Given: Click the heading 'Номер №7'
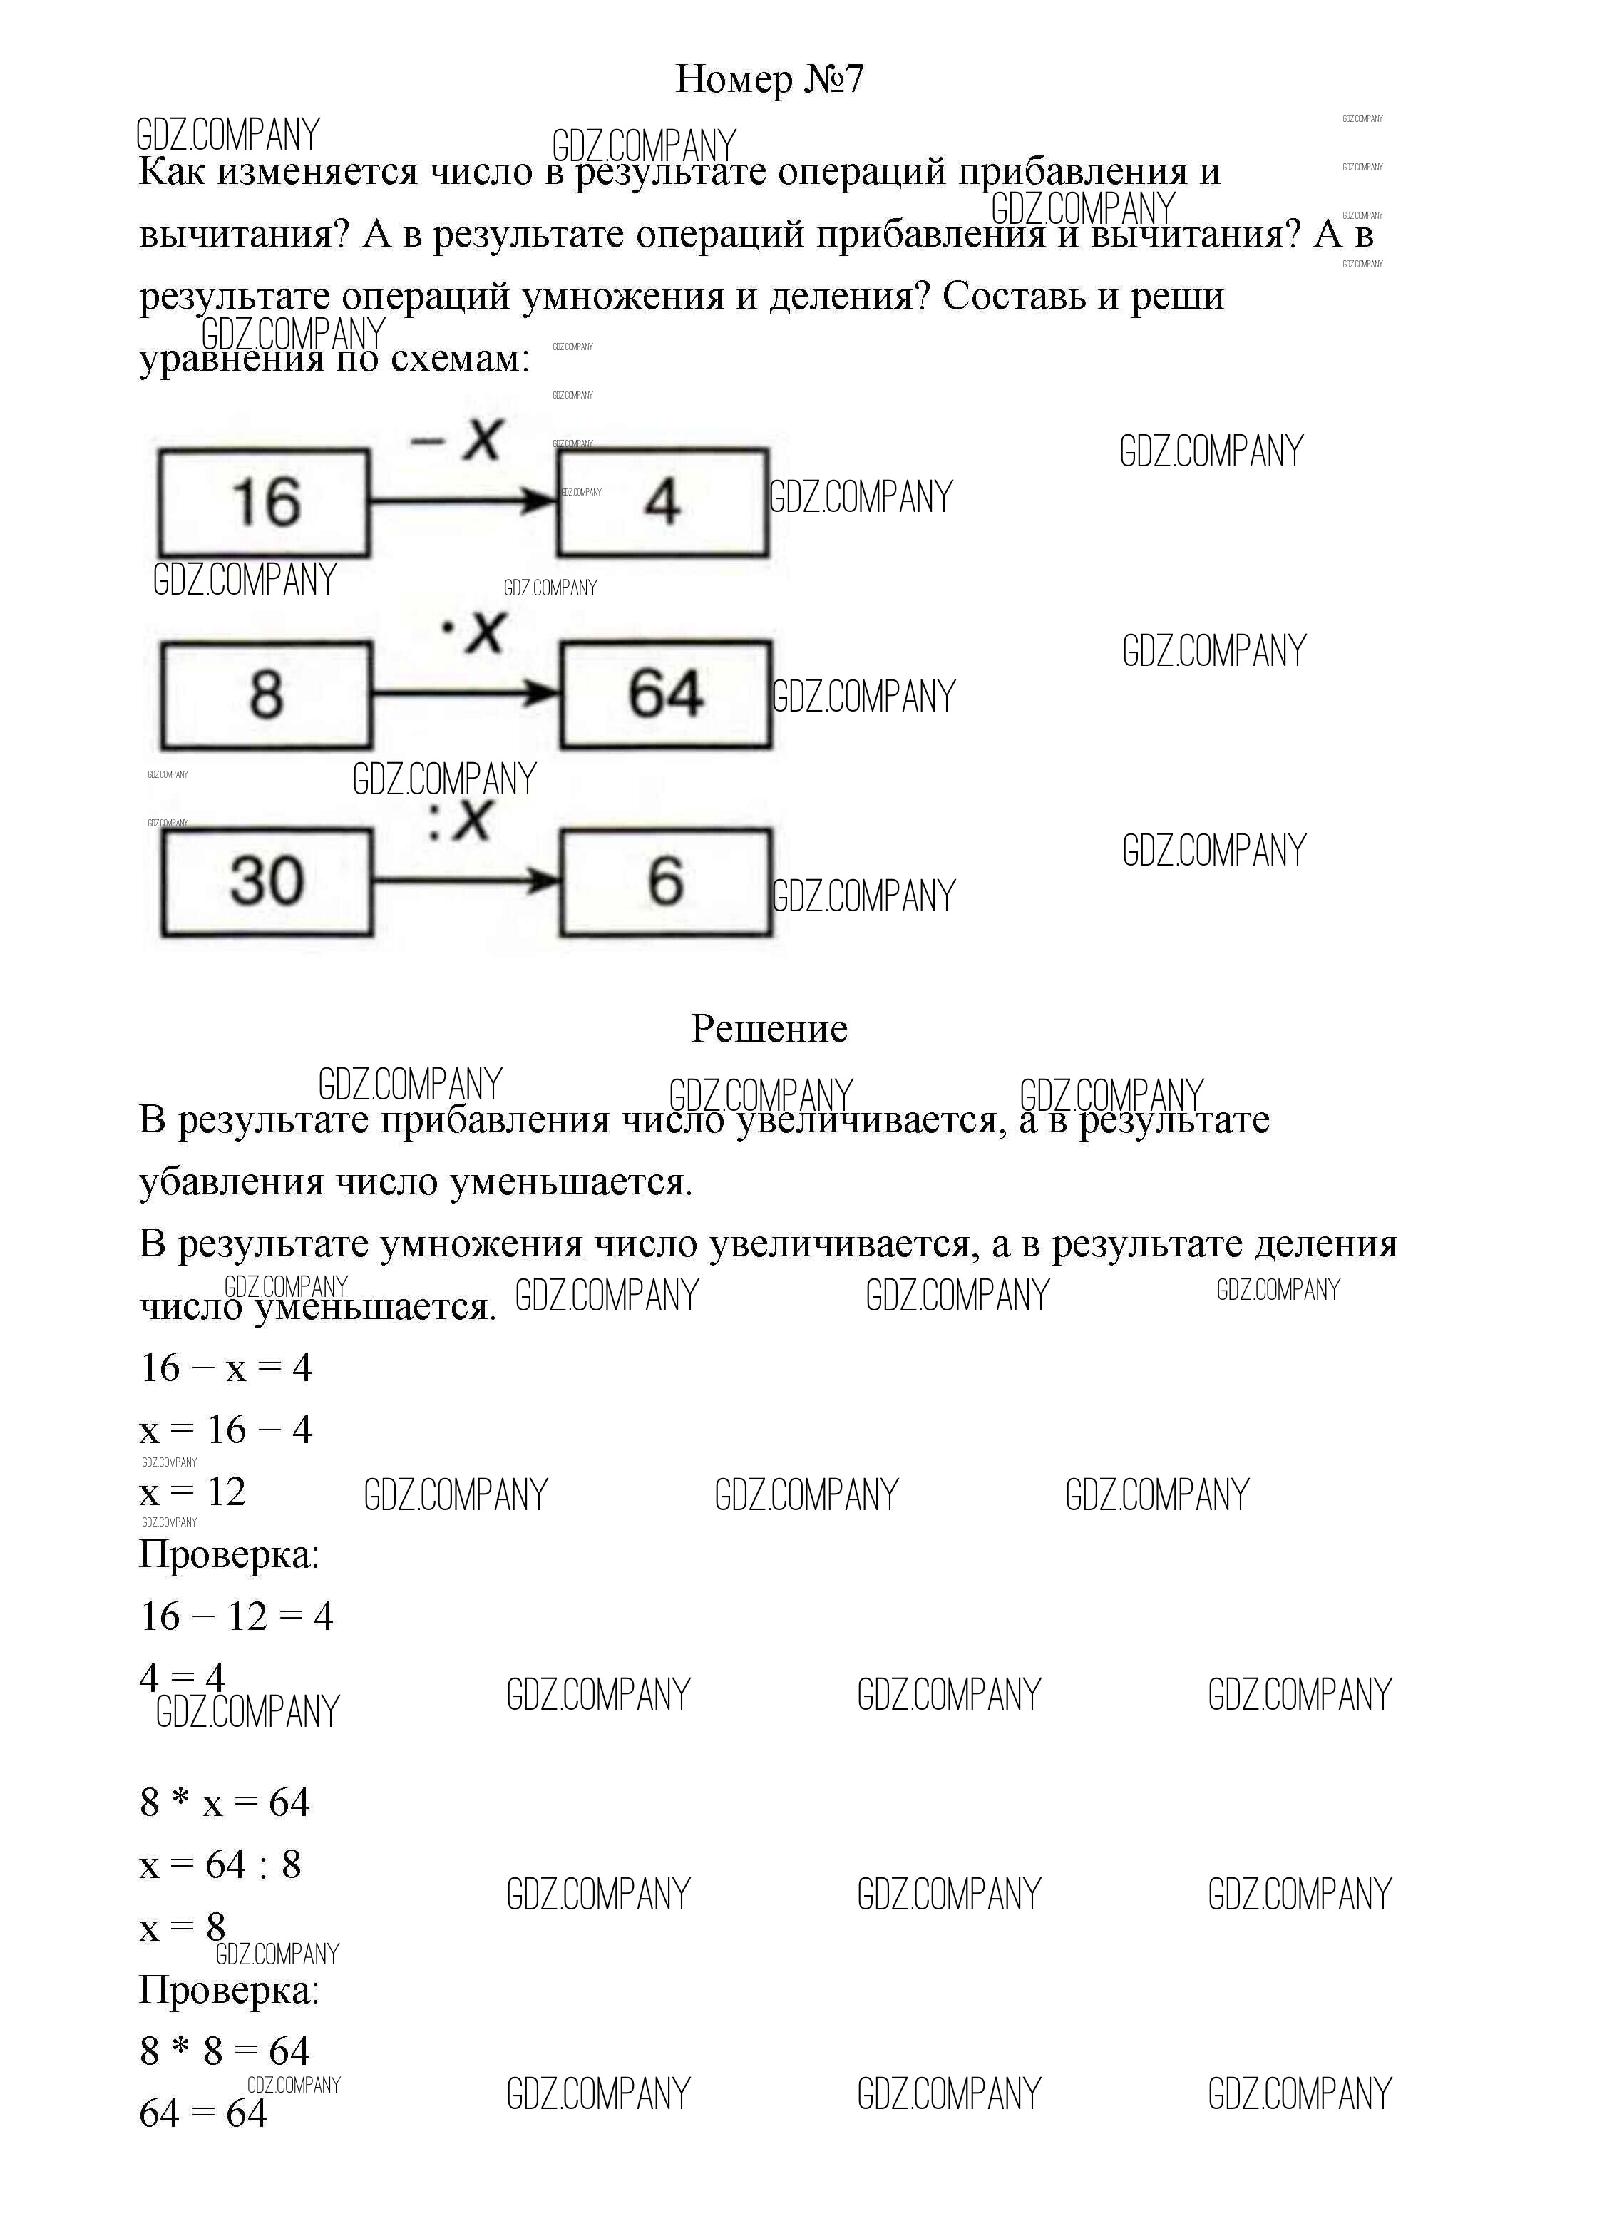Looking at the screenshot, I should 769,79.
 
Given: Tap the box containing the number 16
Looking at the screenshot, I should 265,503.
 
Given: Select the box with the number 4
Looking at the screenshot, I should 663,503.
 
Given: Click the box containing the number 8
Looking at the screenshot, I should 267,695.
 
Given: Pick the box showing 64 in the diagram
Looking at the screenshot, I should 666,695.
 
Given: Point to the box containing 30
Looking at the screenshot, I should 267,881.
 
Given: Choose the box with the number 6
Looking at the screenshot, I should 666,881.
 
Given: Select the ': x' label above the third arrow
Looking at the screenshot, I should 459,821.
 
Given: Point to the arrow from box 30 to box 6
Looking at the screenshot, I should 465,881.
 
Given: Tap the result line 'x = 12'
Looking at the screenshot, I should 193,1492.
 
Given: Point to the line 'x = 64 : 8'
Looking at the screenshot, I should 220,1864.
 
